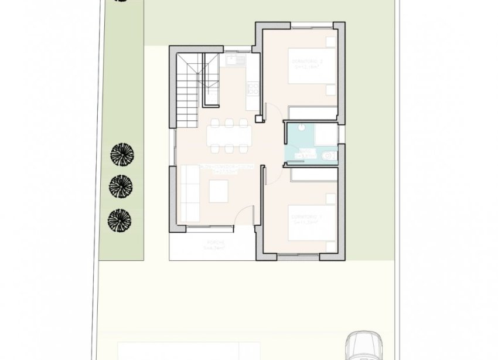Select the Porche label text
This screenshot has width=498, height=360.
(212, 242)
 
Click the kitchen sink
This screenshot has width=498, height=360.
(234, 59)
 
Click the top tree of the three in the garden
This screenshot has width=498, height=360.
(122, 155)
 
